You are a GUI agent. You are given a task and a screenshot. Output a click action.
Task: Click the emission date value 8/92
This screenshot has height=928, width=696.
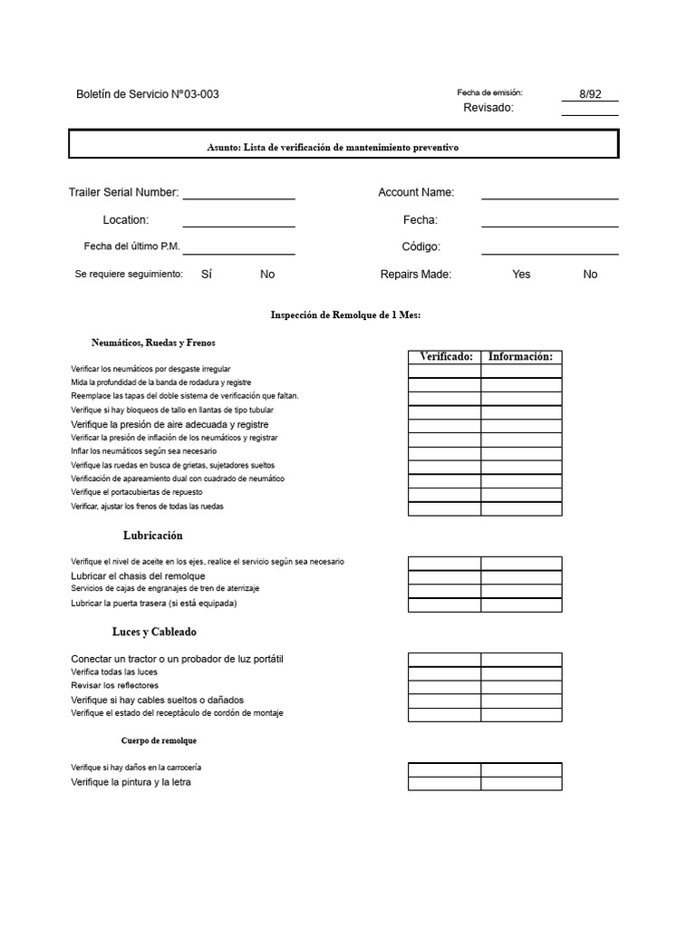click(590, 94)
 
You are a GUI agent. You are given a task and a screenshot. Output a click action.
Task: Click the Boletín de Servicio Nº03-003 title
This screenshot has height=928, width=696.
click(148, 94)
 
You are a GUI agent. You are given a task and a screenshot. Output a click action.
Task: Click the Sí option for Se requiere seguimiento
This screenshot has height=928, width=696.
click(206, 274)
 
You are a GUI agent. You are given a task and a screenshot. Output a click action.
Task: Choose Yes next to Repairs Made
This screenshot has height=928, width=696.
click(521, 274)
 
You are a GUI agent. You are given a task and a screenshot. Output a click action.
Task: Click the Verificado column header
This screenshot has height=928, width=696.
click(444, 357)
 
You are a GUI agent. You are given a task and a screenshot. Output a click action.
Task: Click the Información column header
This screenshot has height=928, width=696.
click(520, 357)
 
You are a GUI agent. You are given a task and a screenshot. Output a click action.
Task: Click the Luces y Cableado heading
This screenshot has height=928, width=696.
click(154, 632)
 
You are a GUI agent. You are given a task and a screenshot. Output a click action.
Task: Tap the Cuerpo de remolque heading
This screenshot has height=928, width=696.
click(159, 740)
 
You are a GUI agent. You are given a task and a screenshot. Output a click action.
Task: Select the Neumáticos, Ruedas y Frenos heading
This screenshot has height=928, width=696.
click(153, 343)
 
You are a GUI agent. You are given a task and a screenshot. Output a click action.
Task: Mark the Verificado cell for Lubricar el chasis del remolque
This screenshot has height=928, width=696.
click(444, 577)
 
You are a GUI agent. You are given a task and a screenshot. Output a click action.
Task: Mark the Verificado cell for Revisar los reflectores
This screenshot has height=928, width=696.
click(444, 687)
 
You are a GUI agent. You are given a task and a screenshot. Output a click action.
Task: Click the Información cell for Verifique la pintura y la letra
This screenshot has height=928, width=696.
click(521, 783)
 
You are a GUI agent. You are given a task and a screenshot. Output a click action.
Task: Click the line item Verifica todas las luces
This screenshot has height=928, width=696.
click(114, 672)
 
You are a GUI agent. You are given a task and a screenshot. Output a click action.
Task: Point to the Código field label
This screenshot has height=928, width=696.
click(420, 246)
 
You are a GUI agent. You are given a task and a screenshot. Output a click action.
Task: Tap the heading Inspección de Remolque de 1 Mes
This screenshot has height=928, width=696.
click(346, 314)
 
